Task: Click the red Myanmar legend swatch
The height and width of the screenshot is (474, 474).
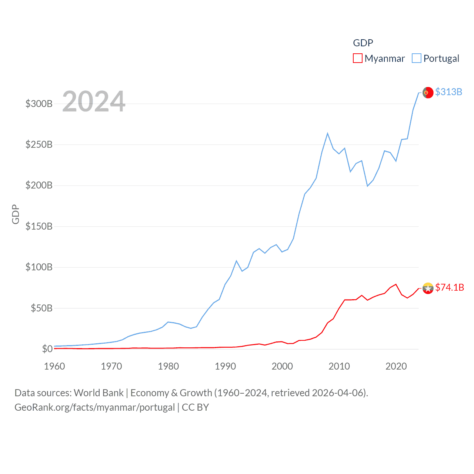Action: (357, 59)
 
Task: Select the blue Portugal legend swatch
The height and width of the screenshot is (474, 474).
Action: (417, 59)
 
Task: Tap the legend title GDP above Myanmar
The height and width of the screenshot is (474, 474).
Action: (363, 43)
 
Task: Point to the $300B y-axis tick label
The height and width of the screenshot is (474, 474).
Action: (39, 104)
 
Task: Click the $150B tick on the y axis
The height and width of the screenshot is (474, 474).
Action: (39, 226)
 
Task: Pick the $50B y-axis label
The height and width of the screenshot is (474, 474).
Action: (41, 308)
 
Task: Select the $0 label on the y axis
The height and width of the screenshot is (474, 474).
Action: (47, 349)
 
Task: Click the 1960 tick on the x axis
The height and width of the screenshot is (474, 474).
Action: (54, 366)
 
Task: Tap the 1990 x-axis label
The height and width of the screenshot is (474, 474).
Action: (225, 366)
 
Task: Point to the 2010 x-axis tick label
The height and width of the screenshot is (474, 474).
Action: (339, 366)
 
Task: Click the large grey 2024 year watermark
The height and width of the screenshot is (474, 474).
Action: (94, 101)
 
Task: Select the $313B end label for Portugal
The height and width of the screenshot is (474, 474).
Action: (448, 92)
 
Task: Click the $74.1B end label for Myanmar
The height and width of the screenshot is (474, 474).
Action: (450, 287)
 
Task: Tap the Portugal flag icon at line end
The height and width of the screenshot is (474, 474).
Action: (428, 93)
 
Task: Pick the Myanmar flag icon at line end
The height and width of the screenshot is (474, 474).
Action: (428, 288)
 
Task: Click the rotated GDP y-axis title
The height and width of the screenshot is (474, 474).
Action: (16, 214)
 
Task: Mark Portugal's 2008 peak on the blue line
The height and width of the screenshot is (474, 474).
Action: (328, 133)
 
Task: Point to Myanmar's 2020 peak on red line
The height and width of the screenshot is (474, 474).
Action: (396, 284)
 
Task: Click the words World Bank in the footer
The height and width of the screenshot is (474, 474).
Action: (99, 393)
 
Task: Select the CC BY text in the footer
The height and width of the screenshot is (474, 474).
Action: (195, 407)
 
